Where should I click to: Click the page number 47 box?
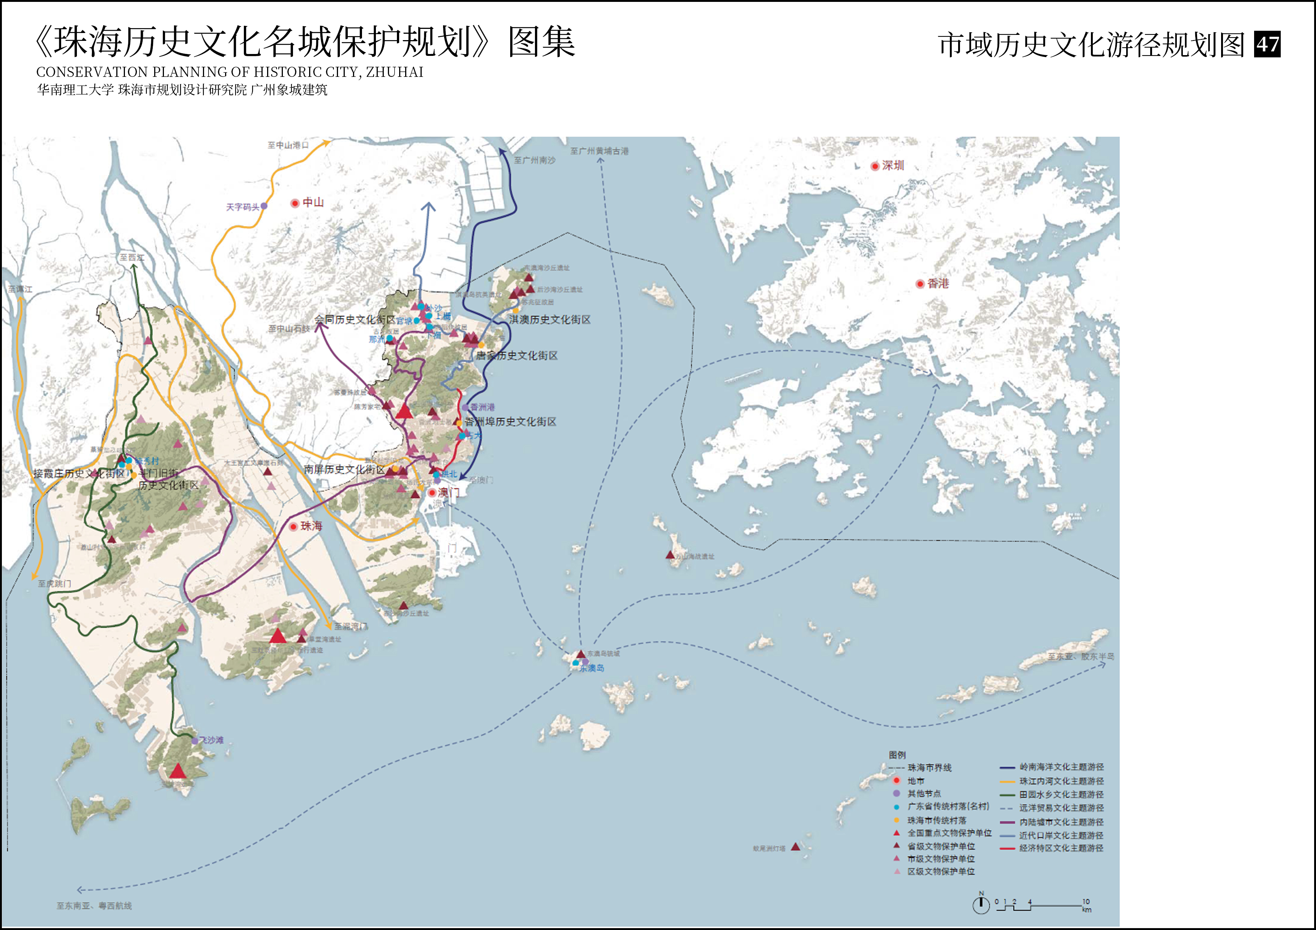1267,44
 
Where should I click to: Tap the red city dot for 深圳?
875,166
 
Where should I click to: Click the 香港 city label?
938,283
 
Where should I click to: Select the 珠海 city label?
311,526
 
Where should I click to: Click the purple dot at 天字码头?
264,206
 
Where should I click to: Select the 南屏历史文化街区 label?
344,469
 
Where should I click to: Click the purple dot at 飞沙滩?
195,741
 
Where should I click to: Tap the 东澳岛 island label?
592,668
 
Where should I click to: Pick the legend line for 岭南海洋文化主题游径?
1008,767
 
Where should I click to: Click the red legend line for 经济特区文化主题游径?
1008,848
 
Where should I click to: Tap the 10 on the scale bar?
1086,901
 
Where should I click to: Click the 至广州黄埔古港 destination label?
599,151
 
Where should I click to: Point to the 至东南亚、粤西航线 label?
94,906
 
